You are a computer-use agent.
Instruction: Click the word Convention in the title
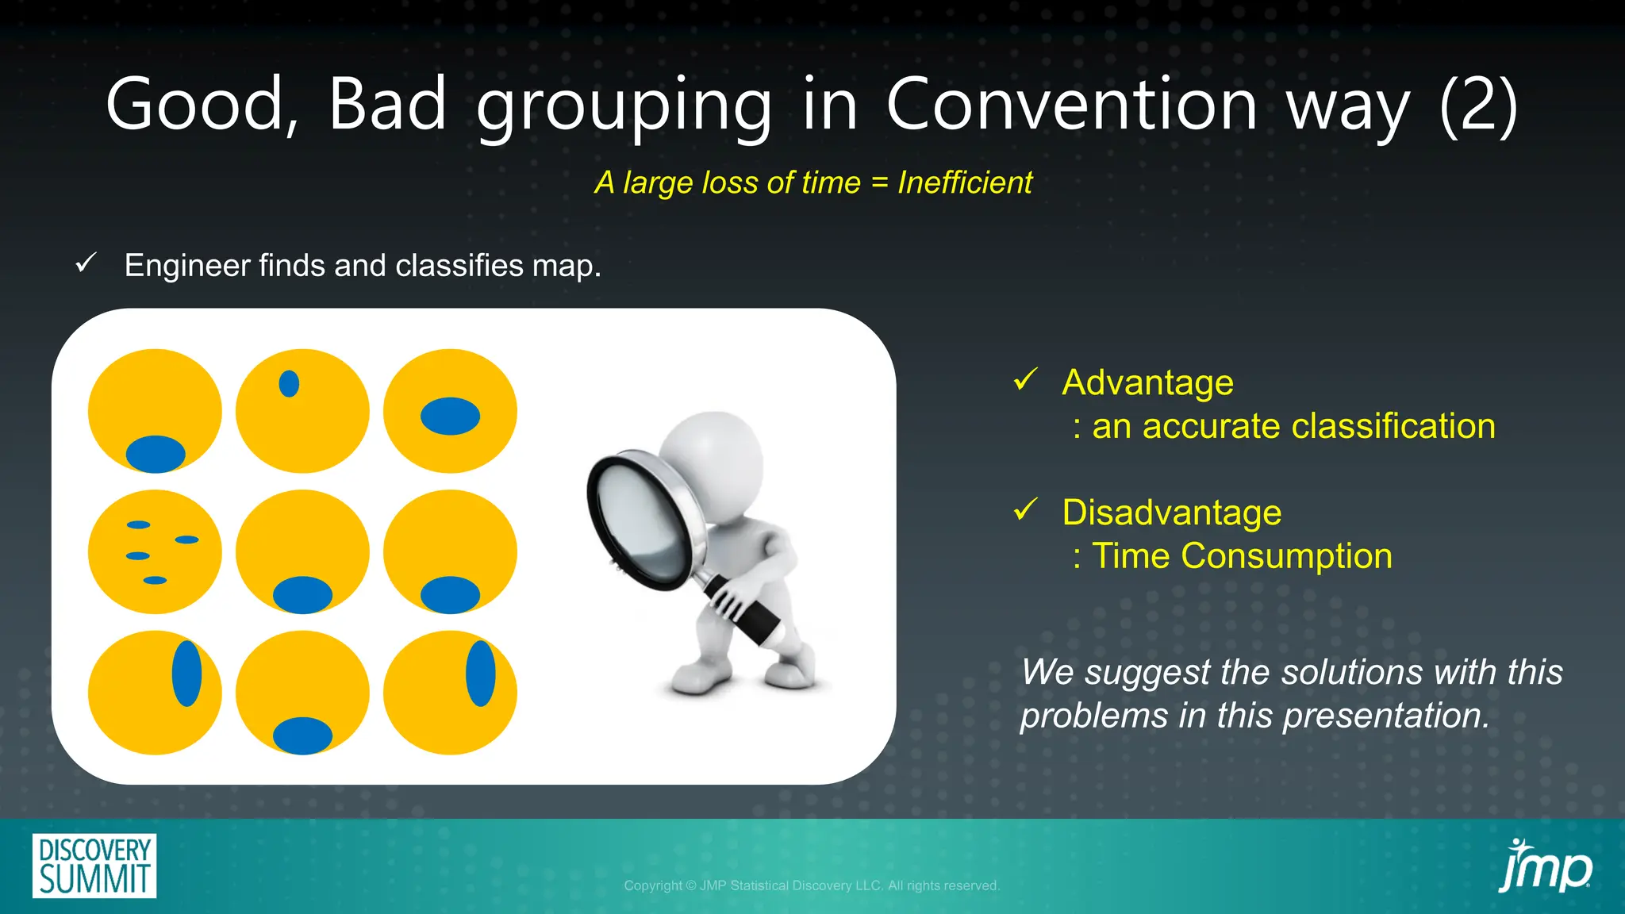[x=1071, y=105]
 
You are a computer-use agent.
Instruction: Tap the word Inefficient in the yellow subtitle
[x=964, y=183]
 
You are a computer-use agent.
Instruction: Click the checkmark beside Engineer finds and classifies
[x=86, y=263]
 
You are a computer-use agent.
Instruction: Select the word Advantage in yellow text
[x=1147, y=383]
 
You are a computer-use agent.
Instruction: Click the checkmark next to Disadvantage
[x=1025, y=510]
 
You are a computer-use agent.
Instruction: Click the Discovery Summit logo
[x=94, y=866]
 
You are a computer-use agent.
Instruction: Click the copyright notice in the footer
[x=811, y=885]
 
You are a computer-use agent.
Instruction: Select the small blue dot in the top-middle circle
[x=289, y=384]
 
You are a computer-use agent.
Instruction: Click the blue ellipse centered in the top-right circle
[x=450, y=417]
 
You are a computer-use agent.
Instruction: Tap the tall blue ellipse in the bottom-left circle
[x=186, y=674]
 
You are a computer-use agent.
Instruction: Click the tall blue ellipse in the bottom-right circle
[x=480, y=674]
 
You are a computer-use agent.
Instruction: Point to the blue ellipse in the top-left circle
[x=156, y=454]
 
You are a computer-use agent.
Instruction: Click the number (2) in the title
[x=1477, y=105]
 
